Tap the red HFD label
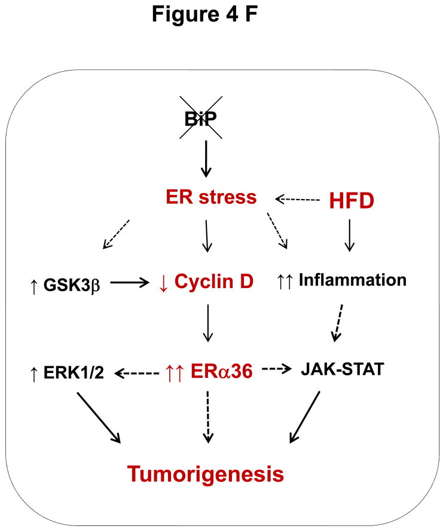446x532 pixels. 352,201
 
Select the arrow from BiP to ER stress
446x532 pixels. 206,158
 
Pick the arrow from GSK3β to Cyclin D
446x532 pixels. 129,283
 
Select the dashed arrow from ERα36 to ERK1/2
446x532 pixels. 137,373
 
